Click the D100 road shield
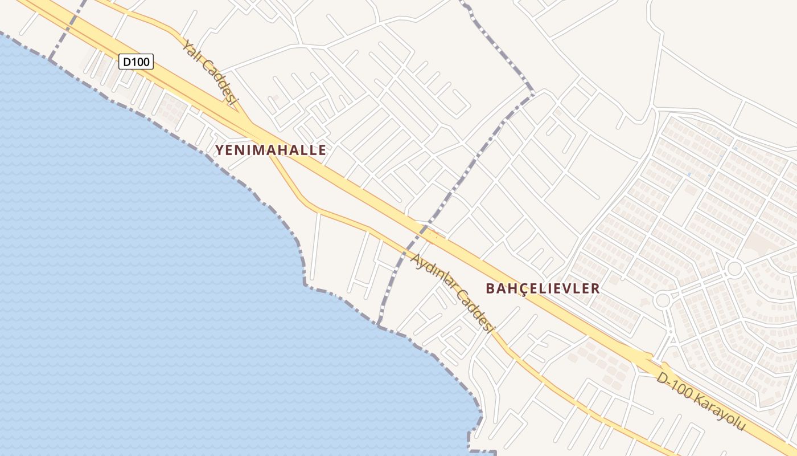coord(136,61)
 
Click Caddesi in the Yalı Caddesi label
coord(223,86)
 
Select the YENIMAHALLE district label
coord(270,150)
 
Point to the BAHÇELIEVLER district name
coord(543,288)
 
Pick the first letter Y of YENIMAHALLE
coord(219,150)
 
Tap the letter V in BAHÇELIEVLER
coord(569,288)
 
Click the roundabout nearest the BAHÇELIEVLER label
coord(663,300)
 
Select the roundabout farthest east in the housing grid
coord(734,268)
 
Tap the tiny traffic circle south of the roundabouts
coord(671,331)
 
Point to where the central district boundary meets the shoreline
coord(379,325)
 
